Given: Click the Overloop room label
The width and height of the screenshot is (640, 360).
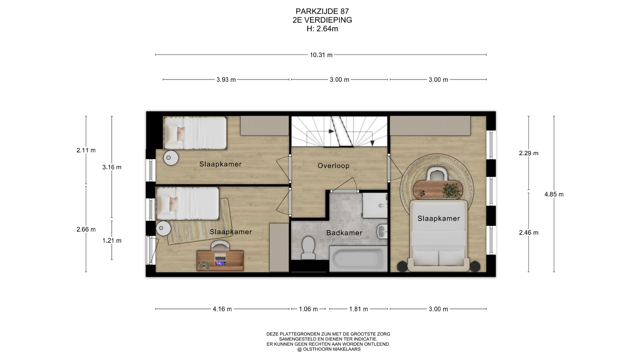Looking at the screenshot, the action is [x=333, y=166].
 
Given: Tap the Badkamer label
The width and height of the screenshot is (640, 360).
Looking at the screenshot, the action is [x=344, y=233].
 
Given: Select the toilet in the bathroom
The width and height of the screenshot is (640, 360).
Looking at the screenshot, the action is [x=308, y=248].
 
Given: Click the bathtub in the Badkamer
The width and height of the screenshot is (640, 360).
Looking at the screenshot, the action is [x=358, y=259].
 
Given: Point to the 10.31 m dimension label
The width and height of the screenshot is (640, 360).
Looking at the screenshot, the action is [x=321, y=55].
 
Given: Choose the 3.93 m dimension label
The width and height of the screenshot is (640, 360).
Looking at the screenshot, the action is [x=226, y=80].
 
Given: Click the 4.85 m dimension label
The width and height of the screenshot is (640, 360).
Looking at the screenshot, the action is [x=554, y=194].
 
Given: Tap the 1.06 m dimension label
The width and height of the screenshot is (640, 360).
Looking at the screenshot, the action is [x=308, y=309].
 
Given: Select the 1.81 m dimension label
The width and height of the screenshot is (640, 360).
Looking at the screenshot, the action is [x=359, y=309].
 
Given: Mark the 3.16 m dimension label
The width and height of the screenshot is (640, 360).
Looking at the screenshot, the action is [x=112, y=167].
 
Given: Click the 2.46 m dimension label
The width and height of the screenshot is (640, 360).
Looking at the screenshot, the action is [x=529, y=233].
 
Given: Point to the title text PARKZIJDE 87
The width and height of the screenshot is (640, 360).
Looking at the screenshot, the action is [x=322, y=11].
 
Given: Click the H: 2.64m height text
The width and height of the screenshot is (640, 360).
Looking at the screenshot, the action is [x=322, y=29].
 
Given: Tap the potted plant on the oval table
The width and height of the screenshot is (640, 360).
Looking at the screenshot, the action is [x=452, y=190].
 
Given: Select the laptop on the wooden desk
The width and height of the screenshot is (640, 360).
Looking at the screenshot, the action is [x=220, y=260].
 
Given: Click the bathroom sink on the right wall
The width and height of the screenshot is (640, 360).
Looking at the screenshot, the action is [x=382, y=231].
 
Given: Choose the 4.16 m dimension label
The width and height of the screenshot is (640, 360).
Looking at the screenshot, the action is [x=222, y=309].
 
